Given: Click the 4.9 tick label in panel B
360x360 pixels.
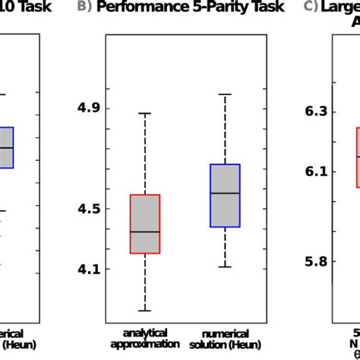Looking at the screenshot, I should click(x=90, y=108).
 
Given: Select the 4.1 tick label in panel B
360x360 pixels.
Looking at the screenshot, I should click(x=90, y=269).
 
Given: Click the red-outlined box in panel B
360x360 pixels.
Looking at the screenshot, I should click(x=145, y=224).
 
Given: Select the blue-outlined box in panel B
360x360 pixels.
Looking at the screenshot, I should click(x=225, y=195).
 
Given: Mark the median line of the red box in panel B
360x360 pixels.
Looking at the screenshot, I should click(x=145, y=232).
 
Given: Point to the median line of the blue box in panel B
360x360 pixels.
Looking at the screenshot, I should click(x=225, y=194).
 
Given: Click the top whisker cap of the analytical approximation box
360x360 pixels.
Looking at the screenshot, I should click(x=145, y=113).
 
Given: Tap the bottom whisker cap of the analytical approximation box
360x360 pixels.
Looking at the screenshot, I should click(x=145, y=311).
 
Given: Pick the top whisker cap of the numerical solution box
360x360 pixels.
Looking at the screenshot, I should click(x=225, y=94).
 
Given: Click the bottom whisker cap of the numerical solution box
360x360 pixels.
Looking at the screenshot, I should click(x=225, y=267).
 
